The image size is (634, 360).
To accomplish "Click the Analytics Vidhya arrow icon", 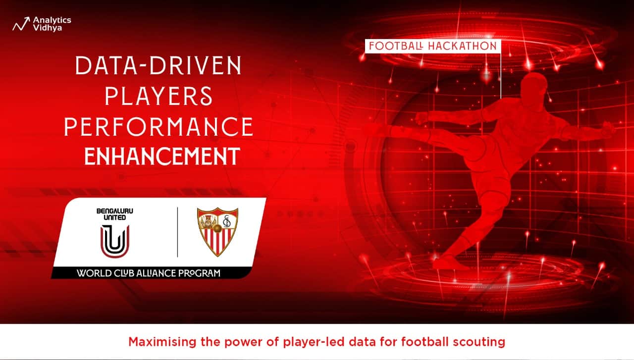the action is pyautogui.click(x=21, y=24).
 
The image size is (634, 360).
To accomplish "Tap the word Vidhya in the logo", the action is pyautogui.click(x=47, y=28).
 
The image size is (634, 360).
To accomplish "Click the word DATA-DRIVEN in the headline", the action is pyautogui.click(x=158, y=66).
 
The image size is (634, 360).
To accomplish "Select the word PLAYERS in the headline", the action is pyautogui.click(x=158, y=96).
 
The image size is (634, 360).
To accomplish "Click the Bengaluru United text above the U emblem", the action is pyautogui.click(x=114, y=214).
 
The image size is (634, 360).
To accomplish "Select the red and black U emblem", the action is pyautogui.click(x=115, y=241).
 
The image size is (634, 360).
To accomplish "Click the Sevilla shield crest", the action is pyautogui.click(x=217, y=232).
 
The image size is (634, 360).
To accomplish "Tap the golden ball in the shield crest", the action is pyautogui.click(x=217, y=228).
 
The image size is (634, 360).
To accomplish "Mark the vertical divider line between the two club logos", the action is pyautogui.click(x=177, y=232).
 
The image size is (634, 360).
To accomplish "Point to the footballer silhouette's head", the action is pyautogui.click(x=534, y=85).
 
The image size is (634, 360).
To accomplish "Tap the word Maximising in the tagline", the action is pyautogui.click(x=162, y=342).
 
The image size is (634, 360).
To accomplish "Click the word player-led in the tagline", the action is pyautogui.click(x=314, y=342).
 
